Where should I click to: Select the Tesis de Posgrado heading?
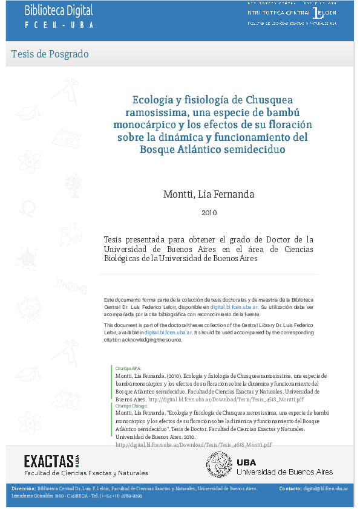coord(50,54)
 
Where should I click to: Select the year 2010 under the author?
coord(209,213)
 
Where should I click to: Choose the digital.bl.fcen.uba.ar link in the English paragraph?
coord(168,332)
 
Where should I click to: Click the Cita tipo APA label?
coord(125,368)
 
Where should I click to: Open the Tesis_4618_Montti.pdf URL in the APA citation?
coord(226,400)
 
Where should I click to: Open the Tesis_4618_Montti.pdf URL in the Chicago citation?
coord(193,444)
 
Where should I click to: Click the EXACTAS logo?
coord(51,461)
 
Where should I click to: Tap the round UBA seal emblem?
coord(220,465)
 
